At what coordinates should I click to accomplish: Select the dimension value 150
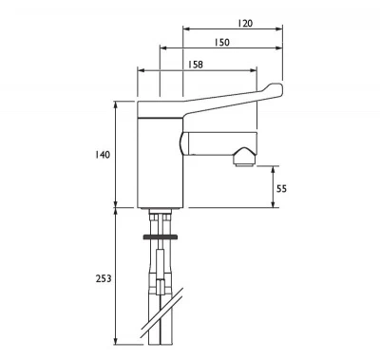pyautogui.click(x=221, y=43)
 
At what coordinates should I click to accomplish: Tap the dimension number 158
pyautogui.click(x=197, y=66)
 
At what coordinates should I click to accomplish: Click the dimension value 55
pyautogui.click(x=281, y=188)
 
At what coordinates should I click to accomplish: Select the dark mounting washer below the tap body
pyautogui.click(x=160, y=234)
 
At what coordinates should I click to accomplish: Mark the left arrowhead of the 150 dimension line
pyautogui.click(x=161, y=47)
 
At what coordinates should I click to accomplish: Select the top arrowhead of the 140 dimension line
pyautogui.click(x=117, y=103)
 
